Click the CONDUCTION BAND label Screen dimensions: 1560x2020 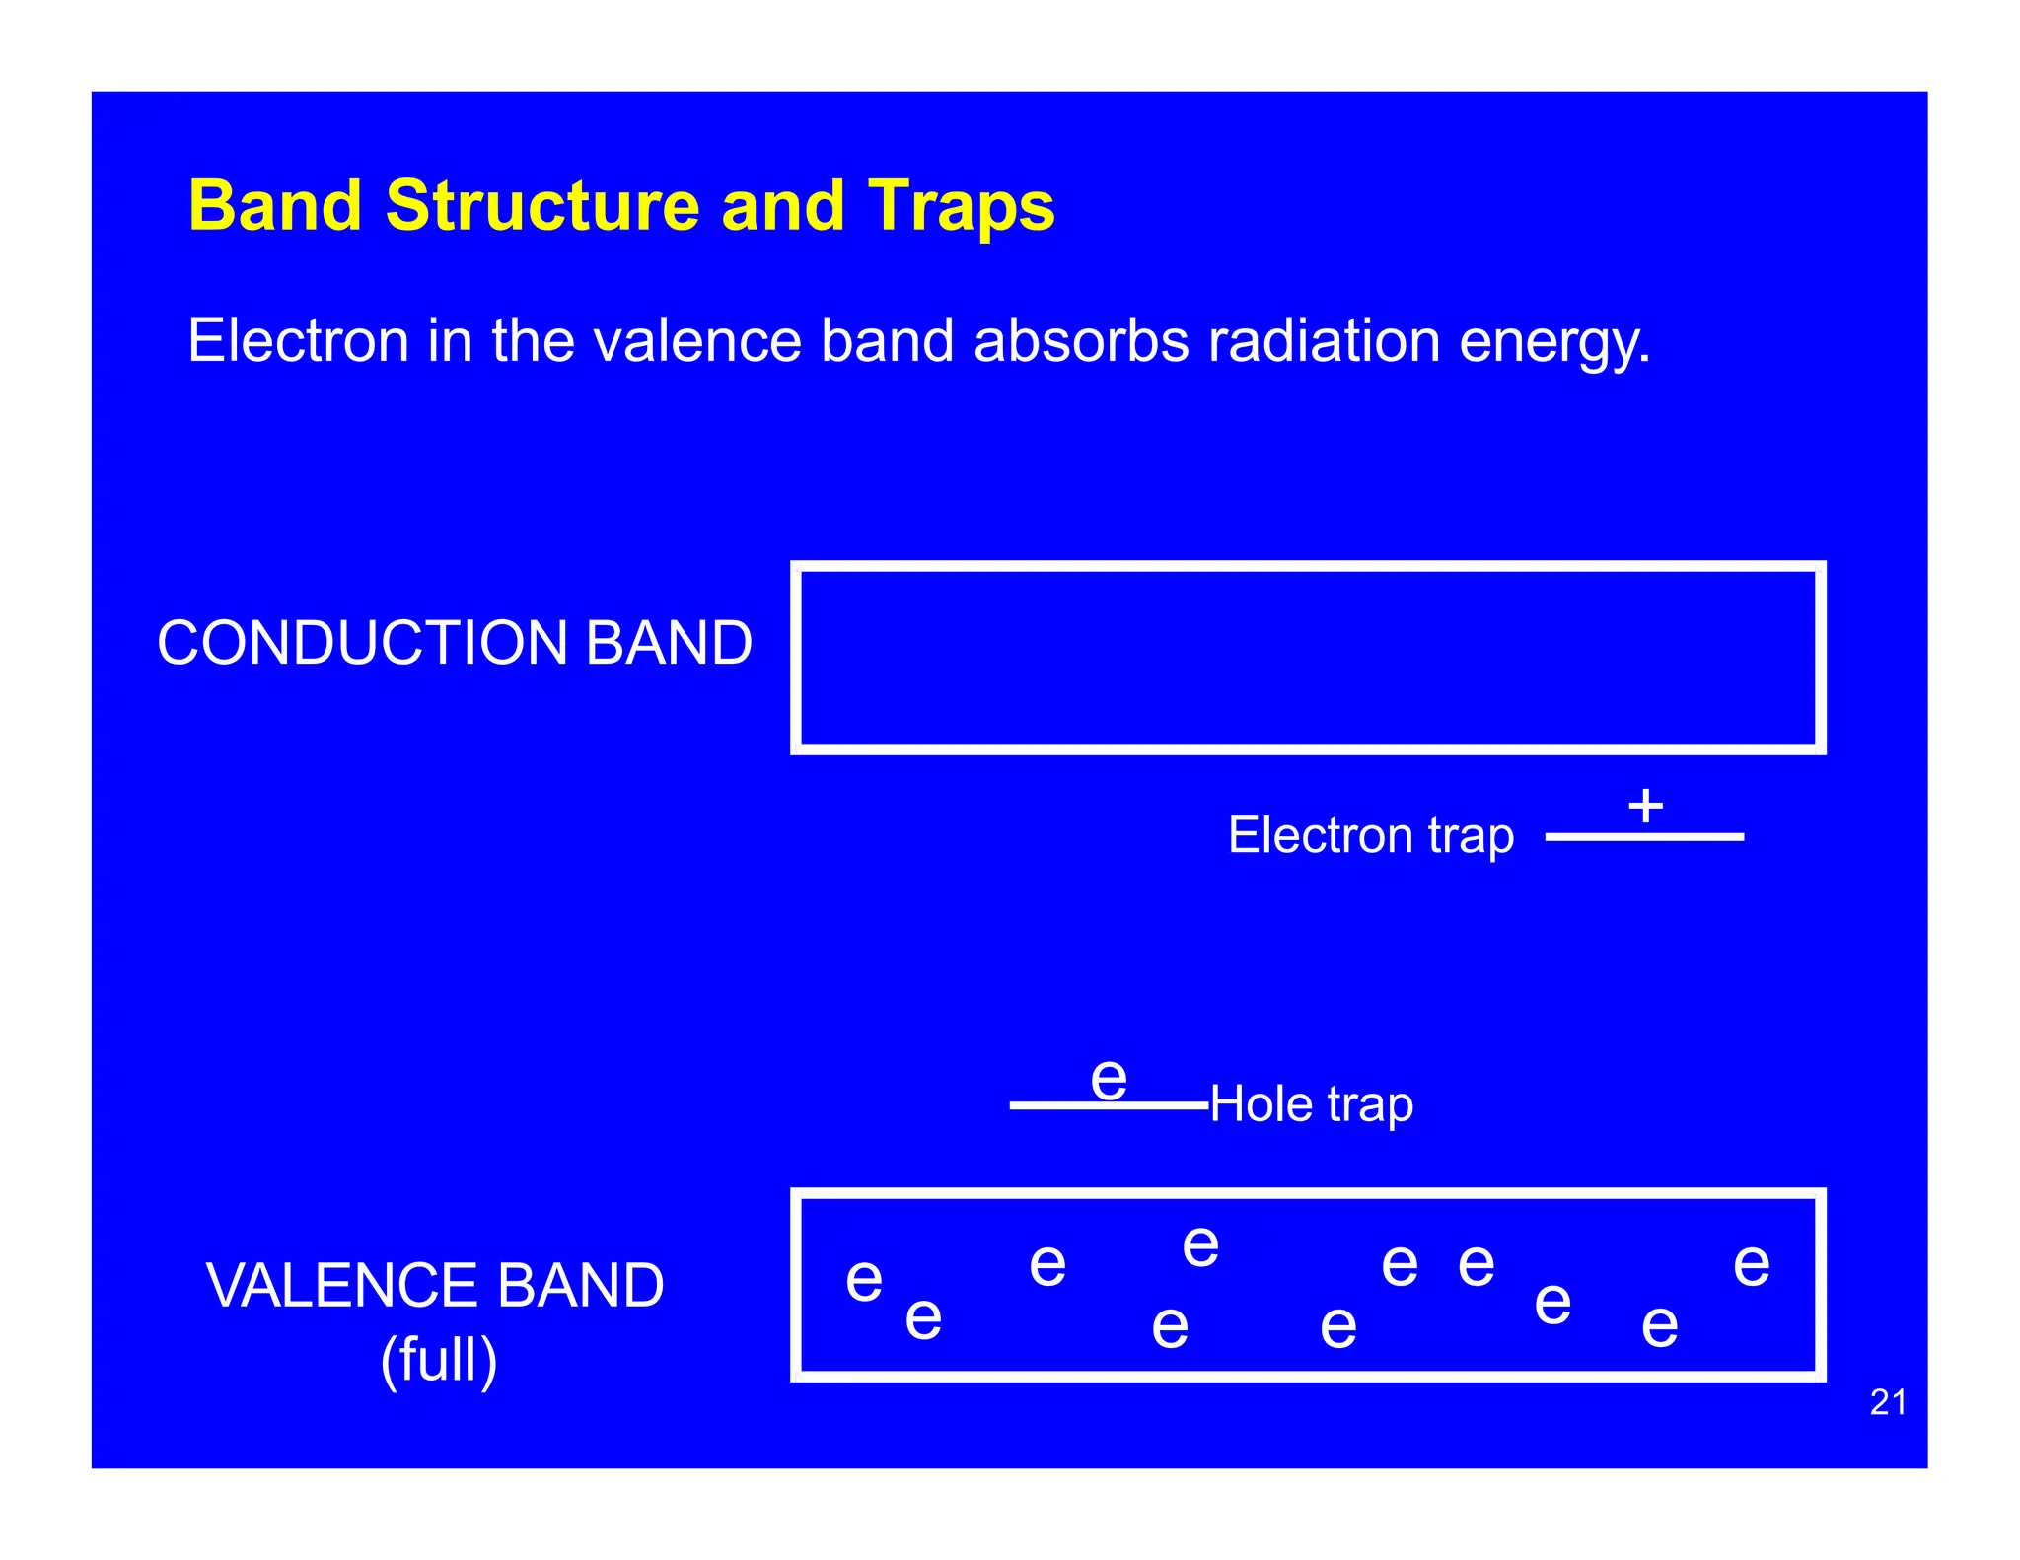click(455, 643)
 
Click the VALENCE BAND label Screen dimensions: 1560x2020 click(435, 1286)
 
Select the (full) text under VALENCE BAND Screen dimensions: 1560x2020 click(439, 1360)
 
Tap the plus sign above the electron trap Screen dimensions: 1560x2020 click(1645, 806)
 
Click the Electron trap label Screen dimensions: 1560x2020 click(1370, 835)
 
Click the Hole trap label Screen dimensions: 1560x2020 click(1311, 1103)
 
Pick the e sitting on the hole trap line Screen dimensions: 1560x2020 click(1109, 1079)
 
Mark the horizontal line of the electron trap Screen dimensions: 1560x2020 click(1644, 837)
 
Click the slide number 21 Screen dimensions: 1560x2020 click(1888, 1402)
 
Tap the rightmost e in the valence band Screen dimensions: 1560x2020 click(1752, 1265)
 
